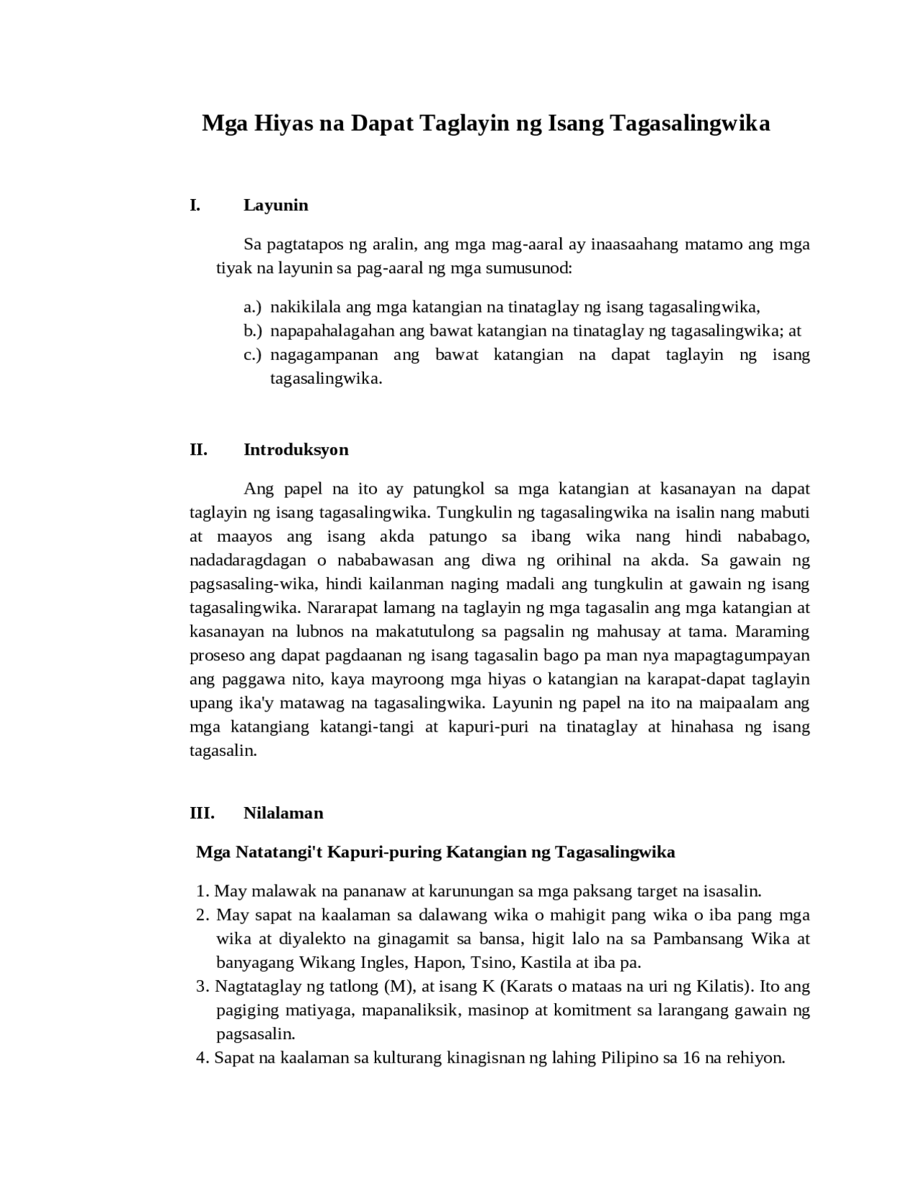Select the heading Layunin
click(x=276, y=206)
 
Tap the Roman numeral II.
click(x=198, y=450)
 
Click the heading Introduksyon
click(x=296, y=450)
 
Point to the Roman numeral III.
click(x=202, y=813)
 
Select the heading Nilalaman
click(x=284, y=813)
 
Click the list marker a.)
click(x=252, y=308)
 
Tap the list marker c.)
click(x=252, y=355)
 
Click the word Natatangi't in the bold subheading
click(x=285, y=852)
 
